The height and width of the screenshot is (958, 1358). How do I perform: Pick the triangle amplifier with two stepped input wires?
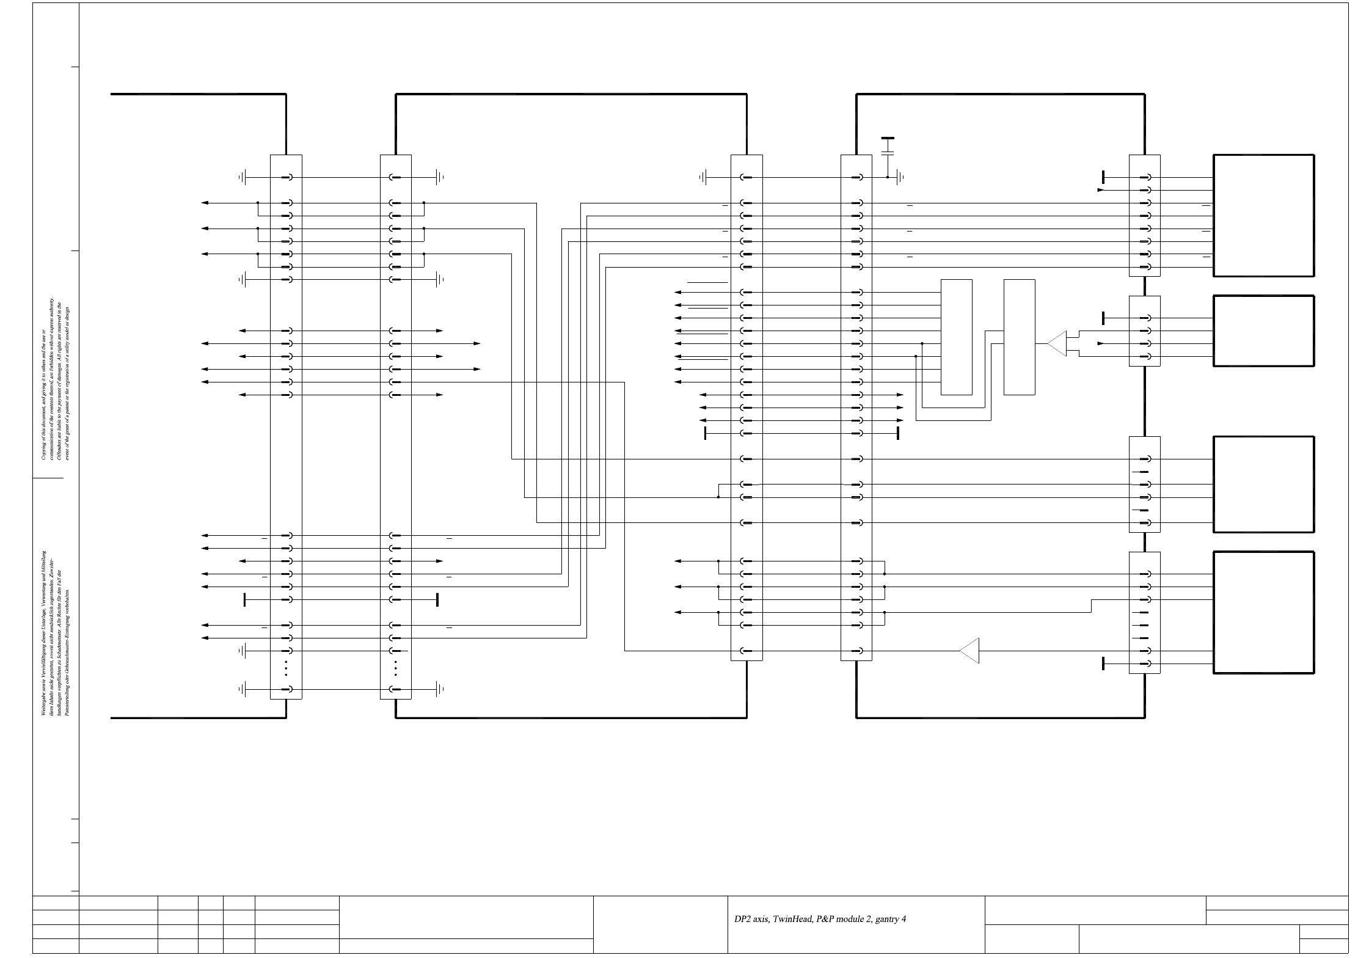[1057, 343]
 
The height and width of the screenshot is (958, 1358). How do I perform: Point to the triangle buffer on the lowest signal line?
[969, 651]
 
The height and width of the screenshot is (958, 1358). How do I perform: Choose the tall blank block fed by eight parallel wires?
[956, 337]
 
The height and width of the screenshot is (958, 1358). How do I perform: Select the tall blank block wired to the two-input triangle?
[1019, 337]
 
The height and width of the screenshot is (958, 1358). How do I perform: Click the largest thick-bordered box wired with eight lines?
[1263, 215]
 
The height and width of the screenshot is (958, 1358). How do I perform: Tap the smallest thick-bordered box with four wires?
[1263, 331]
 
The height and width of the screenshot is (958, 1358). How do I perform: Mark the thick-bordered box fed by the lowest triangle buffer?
[1263, 612]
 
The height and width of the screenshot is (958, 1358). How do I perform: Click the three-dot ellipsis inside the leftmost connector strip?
[286, 668]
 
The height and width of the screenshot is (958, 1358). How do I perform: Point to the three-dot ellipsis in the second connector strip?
[396, 668]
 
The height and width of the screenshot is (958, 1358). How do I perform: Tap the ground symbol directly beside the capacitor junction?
[900, 178]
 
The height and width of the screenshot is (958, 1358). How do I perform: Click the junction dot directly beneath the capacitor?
[888, 178]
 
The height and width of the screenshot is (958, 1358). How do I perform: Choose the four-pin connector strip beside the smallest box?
[1144, 331]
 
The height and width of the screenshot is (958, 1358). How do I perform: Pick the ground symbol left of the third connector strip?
[703, 178]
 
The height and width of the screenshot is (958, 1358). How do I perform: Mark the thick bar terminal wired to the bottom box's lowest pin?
[1103, 664]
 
